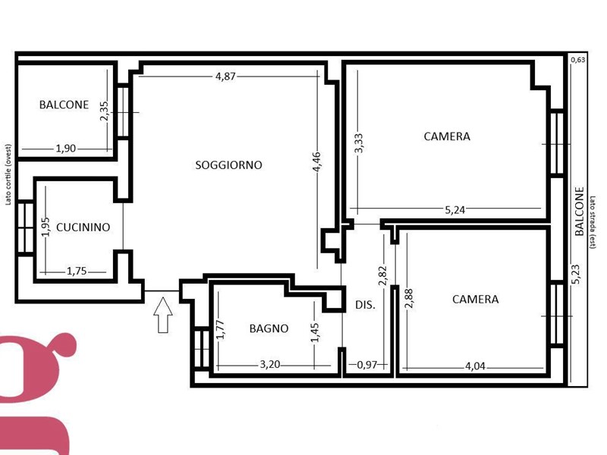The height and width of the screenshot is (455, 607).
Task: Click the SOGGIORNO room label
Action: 228,165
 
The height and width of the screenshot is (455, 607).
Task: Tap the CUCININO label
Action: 83,227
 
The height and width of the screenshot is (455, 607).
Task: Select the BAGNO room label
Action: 269,328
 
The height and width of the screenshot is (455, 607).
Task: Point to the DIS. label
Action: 366,305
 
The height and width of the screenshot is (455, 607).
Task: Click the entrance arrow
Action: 163,315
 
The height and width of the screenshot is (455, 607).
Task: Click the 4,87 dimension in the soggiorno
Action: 225,77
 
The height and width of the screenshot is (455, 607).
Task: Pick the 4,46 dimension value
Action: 316,162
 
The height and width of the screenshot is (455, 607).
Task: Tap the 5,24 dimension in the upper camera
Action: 454,210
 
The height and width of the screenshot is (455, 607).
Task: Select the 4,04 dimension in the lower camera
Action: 475,366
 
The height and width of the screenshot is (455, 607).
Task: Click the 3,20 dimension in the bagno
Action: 270,365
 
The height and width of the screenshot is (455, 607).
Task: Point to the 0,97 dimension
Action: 366,365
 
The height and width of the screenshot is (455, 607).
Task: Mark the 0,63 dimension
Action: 578,60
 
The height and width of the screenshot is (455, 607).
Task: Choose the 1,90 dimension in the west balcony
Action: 66,148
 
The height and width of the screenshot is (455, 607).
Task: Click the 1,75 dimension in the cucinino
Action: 77,271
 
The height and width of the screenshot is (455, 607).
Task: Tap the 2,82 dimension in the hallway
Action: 382,275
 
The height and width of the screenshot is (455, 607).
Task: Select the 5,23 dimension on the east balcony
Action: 576,275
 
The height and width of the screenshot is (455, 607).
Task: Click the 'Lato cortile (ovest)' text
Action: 8,174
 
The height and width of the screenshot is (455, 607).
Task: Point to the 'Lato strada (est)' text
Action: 593,222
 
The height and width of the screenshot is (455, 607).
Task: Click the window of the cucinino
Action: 26,228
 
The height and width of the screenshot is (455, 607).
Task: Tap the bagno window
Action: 201,348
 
